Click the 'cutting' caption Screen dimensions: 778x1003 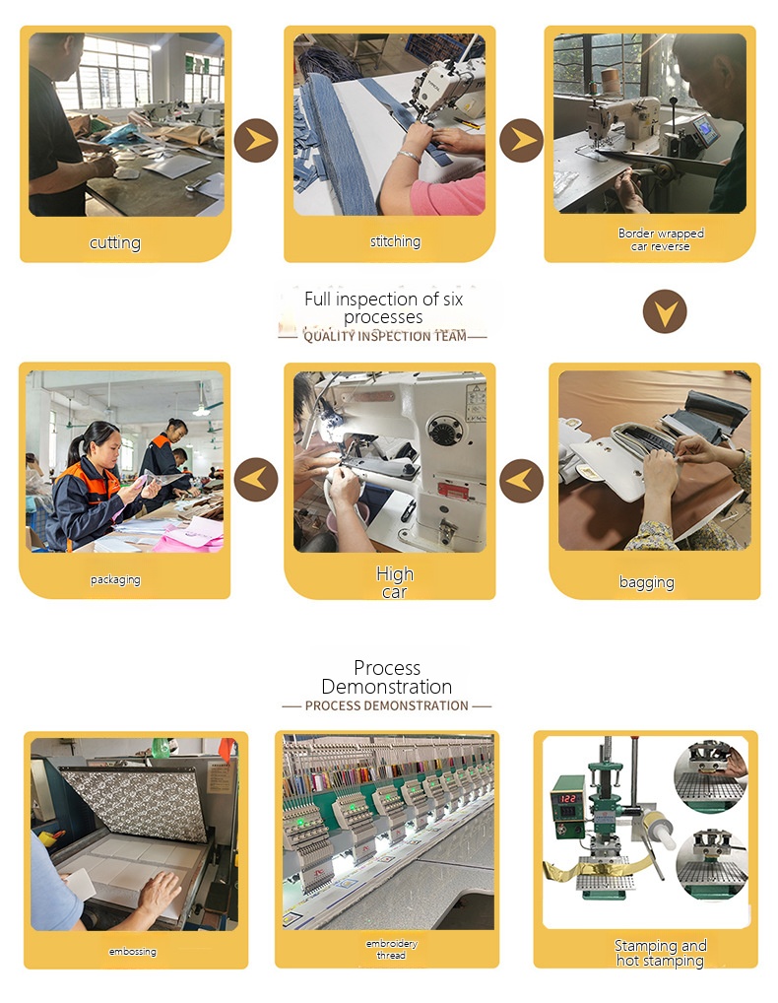coord(115,243)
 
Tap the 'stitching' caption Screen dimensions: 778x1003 coord(395,241)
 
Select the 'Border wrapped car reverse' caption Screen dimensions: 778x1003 coord(661,239)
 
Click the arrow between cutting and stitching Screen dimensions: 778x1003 coord(256,140)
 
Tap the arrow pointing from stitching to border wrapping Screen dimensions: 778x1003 coord(522,140)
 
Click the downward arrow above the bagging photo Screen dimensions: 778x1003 coord(665,311)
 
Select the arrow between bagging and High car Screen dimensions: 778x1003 coord(522,481)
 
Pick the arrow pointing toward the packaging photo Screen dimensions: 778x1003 coord(256,479)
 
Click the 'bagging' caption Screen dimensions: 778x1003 coord(646,582)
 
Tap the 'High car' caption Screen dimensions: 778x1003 coord(395,582)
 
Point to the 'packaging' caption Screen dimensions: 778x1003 coord(115,579)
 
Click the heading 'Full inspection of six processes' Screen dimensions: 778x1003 coord(383,307)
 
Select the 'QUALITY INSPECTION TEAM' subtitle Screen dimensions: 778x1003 coord(385,336)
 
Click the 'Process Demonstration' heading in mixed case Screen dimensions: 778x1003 coord(387,677)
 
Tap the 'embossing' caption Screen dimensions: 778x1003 coord(132,951)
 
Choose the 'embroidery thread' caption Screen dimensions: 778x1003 coord(391,949)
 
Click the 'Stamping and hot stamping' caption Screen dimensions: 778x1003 coord(661,953)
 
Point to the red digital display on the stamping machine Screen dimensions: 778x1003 coord(567,798)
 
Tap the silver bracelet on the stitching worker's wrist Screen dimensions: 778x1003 coord(409,156)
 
